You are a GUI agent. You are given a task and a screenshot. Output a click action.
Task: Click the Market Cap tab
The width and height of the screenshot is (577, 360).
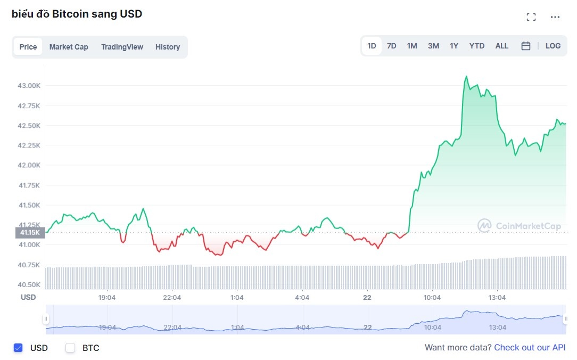(x=69, y=47)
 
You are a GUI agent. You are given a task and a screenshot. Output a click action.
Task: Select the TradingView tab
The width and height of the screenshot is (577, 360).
(x=122, y=47)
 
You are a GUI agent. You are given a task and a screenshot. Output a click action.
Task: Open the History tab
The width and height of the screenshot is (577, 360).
(x=168, y=47)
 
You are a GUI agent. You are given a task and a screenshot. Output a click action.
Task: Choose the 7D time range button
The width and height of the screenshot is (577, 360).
(x=391, y=46)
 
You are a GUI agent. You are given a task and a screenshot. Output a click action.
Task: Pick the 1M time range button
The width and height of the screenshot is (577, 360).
(x=412, y=46)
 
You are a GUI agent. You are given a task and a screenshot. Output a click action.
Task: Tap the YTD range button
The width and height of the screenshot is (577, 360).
(x=477, y=46)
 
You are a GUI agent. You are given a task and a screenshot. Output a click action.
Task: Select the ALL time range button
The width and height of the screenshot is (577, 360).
(x=502, y=46)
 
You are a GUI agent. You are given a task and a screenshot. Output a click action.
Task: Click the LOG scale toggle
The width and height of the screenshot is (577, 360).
(x=553, y=46)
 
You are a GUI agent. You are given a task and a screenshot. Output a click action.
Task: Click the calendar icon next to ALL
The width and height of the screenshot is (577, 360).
(x=526, y=46)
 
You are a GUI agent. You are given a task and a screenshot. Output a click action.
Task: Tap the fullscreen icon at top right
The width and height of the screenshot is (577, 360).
(x=531, y=17)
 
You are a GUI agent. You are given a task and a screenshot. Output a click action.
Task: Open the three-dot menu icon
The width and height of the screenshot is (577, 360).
(x=555, y=17)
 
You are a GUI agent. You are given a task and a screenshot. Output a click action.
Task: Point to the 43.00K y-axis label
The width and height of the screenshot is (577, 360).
(x=30, y=86)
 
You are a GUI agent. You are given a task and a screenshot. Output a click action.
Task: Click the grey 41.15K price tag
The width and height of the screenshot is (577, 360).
(x=30, y=233)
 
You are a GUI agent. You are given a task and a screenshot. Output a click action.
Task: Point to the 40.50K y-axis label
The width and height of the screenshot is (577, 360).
(x=30, y=285)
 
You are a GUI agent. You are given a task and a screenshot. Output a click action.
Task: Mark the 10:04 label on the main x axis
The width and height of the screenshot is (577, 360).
(x=432, y=297)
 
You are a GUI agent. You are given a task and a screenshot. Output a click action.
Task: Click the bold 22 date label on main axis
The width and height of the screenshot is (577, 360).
(x=367, y=297)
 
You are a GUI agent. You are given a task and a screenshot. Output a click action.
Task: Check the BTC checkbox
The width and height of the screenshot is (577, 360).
(x=70, y=348)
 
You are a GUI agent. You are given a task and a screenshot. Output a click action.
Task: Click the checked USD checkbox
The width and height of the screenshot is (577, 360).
(x=18, y=348)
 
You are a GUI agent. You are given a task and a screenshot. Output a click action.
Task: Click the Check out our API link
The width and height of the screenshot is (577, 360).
(x=530, y=348)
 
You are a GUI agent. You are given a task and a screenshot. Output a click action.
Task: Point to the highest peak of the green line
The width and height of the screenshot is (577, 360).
(x=466, y=76)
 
